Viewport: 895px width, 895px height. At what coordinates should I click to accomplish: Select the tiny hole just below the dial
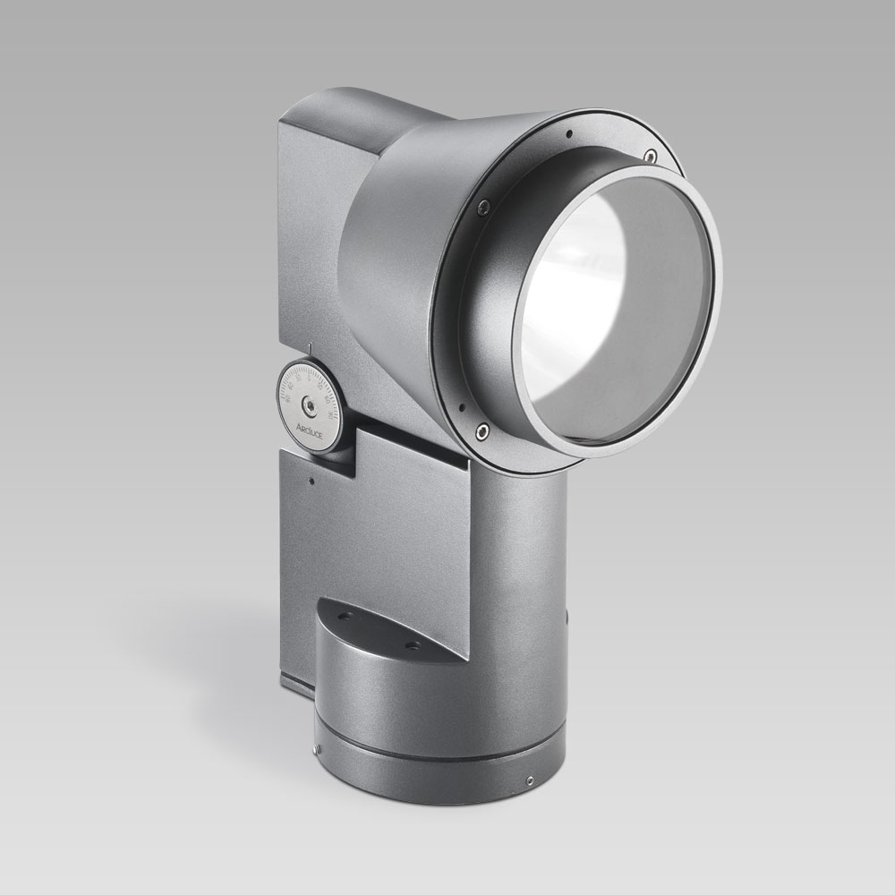pos(311,482)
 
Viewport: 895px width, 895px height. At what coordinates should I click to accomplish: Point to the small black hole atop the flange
pos(568,135)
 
